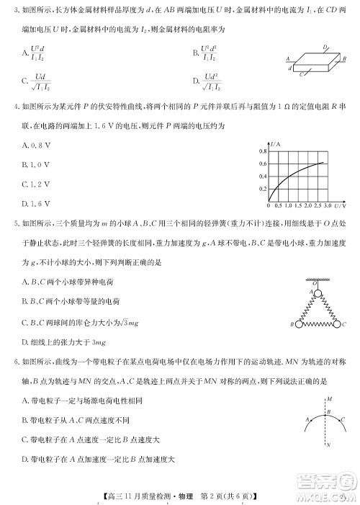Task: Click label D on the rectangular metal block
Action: pyautogui.click(x=325, y=48)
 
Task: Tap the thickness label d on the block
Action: pyautogui.click(x=289, y=68)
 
